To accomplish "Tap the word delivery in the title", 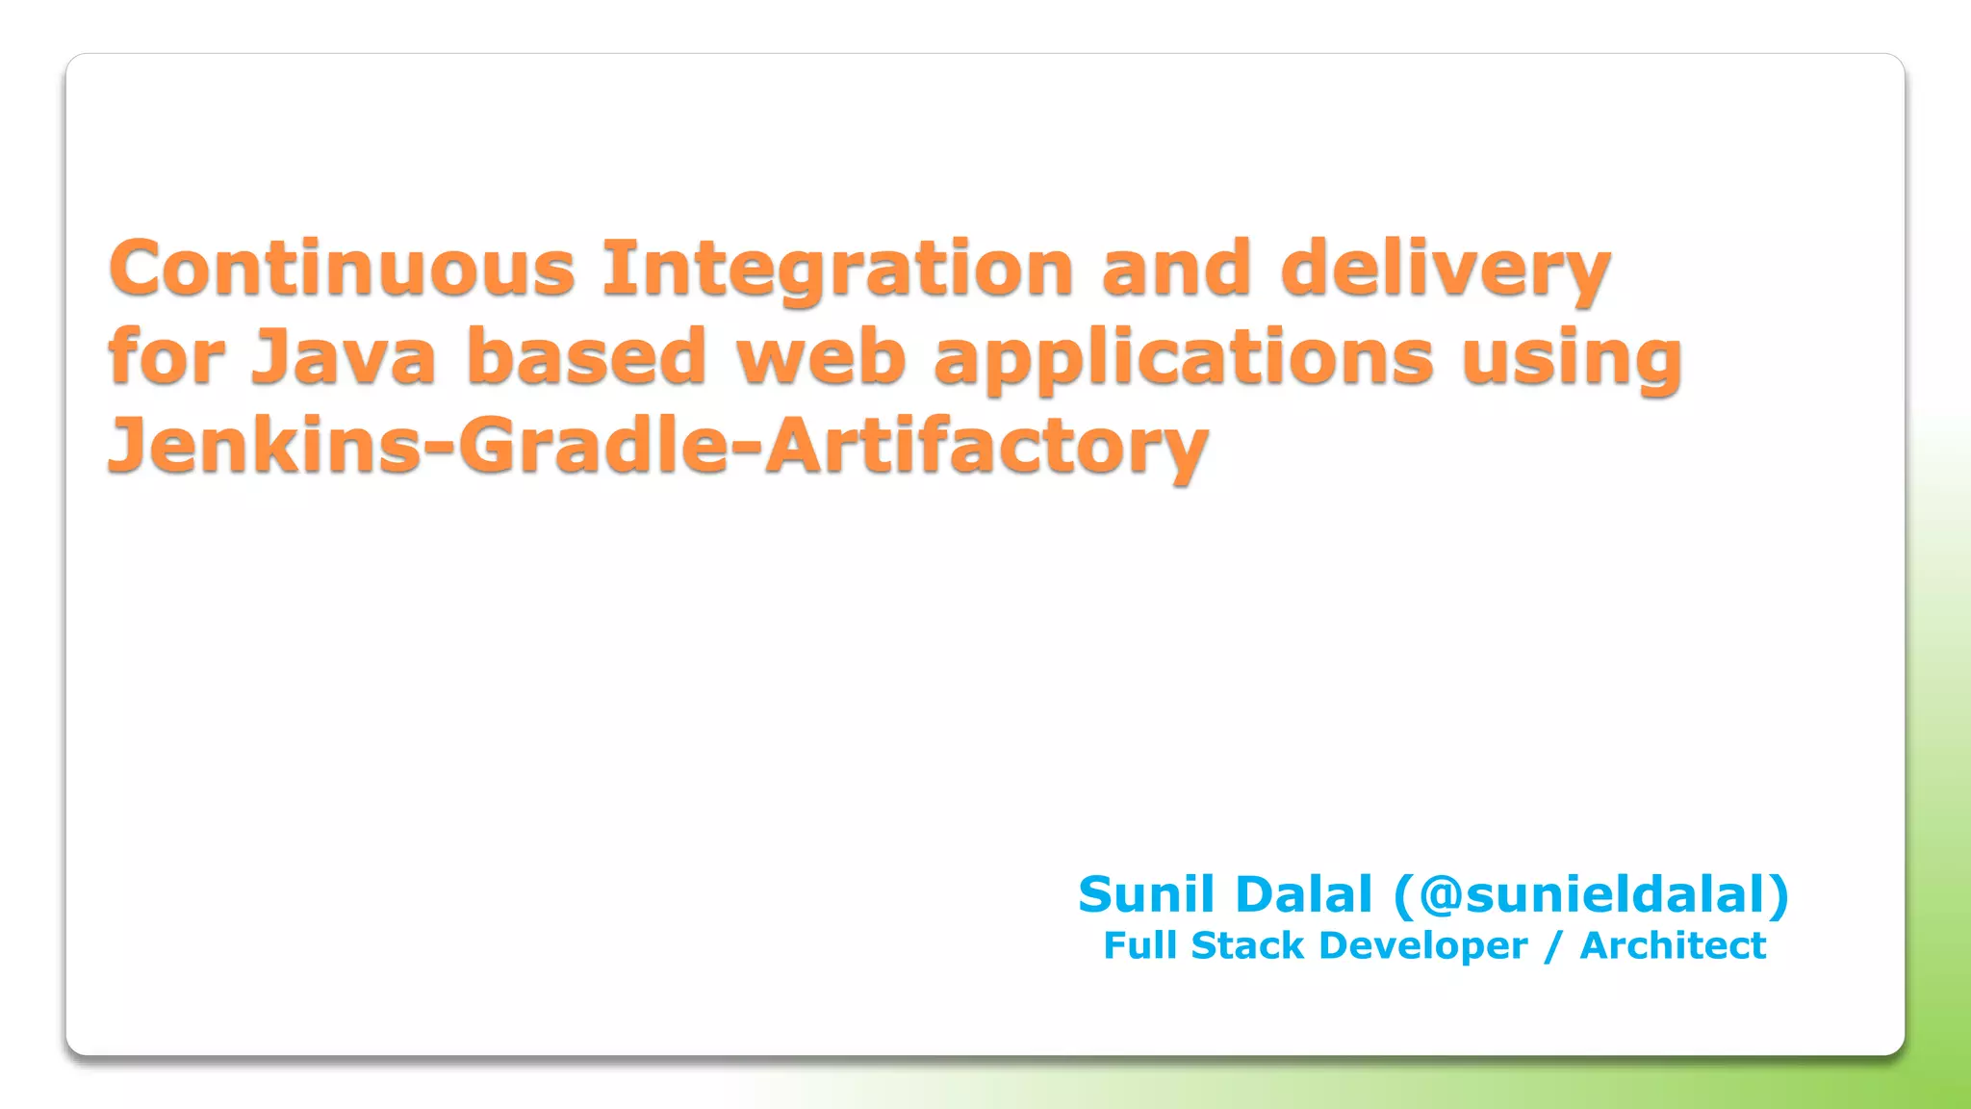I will pyautogui.click(x=1446, y=270).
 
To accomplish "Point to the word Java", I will pyautogui.click(x=344, y=357).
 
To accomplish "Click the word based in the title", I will pyautogui.click(x=587, y=357).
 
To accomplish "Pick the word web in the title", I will pyautogui.click(x=821, y=357).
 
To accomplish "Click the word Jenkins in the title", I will pyautogui.click(x=265, y=446).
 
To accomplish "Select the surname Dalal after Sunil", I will pyautogui.click(x=1303, y=894).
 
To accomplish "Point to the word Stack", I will pyautogui.click(x=1247, y=945).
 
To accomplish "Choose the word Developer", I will pyautogui.click(x=1422, y=946).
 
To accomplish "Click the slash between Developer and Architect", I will pyautogui.click(x=1552, y=946).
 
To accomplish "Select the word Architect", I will pyautogui.click(x=1673, y=945).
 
